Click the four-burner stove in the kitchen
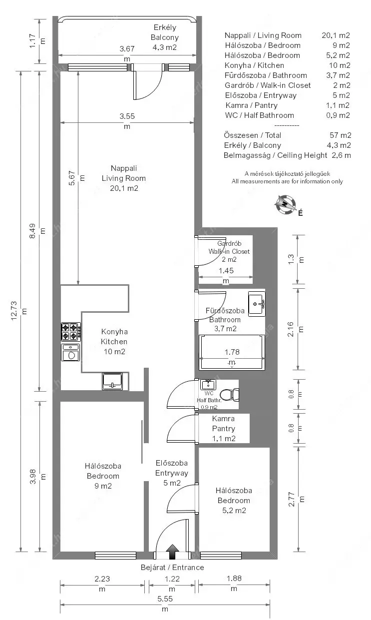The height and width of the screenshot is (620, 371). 71,332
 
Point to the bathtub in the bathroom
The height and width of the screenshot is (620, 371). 232,353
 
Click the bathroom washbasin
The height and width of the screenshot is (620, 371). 257,304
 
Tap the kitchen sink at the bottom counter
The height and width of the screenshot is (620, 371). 112,381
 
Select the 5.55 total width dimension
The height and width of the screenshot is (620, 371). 165,604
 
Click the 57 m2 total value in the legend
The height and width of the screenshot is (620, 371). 340,135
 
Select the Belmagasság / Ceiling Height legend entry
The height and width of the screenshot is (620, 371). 275,155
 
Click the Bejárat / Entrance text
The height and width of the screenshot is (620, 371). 172,568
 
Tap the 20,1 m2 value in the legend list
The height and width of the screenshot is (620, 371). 336,35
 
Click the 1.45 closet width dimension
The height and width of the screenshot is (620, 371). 226,276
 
